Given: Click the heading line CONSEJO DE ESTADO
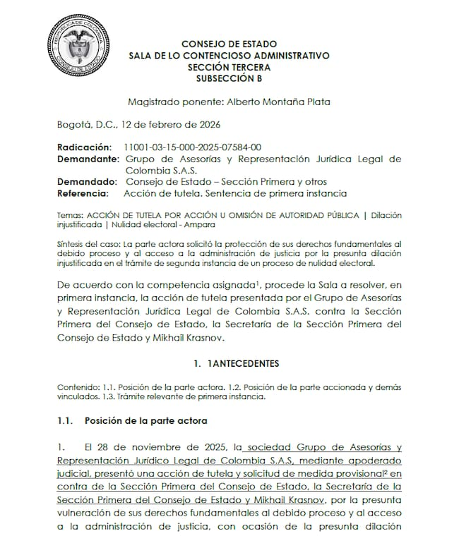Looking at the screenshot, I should point(229,44).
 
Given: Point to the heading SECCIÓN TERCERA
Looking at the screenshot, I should point(229,67).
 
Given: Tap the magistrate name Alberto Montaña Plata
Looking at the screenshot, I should point(282,102).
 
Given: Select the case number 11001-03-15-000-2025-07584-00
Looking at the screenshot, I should point(192,147).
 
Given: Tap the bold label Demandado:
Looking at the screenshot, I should point(85,182).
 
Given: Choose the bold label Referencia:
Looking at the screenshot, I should point(83,193).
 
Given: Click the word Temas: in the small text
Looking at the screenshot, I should point(69,214).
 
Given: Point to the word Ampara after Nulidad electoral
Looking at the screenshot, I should point(201,225).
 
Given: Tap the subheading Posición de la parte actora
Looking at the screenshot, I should point(145,421).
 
